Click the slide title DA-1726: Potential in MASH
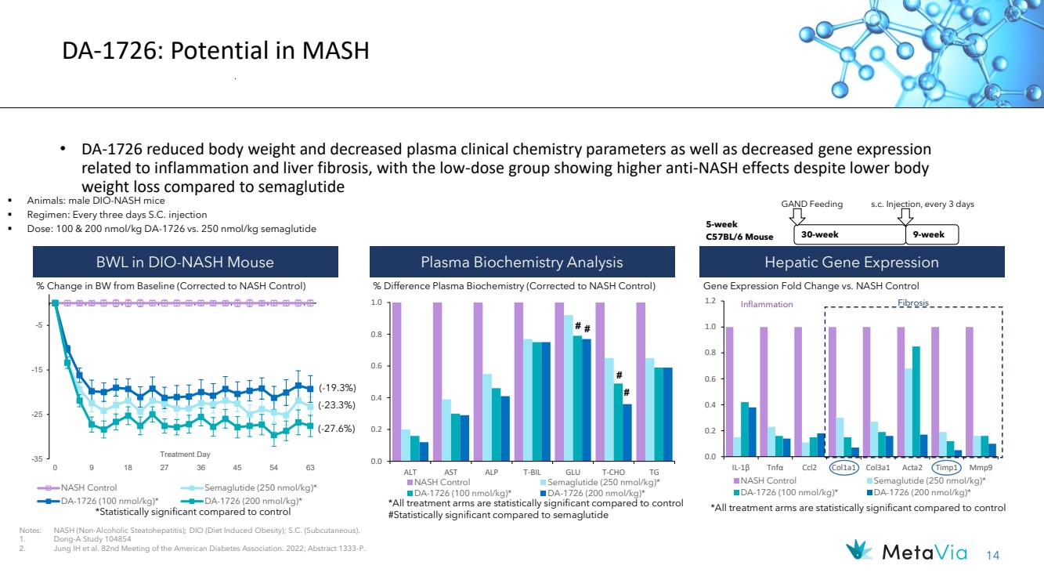[215, 50]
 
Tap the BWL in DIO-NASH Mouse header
[185, 262]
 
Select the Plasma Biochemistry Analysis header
[522, 262]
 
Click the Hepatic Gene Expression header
[851, 262]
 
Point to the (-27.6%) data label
[337, 429]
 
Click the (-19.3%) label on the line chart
[338, 388]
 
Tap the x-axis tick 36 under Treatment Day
[200, 468]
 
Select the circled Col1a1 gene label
[844, 468]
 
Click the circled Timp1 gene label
[946, 468]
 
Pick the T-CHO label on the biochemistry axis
[613, 473]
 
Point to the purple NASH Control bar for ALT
[396, 382]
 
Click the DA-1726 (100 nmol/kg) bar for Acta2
[916, 401]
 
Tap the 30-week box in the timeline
[849, 234]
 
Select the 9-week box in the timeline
[932, 234]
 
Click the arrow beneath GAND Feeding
[797, 216]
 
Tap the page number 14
[993, 556]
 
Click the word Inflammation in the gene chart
[767, 304]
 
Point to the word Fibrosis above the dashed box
[913, 303]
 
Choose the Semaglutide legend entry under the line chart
[249, 487]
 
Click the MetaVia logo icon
[859, 550]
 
